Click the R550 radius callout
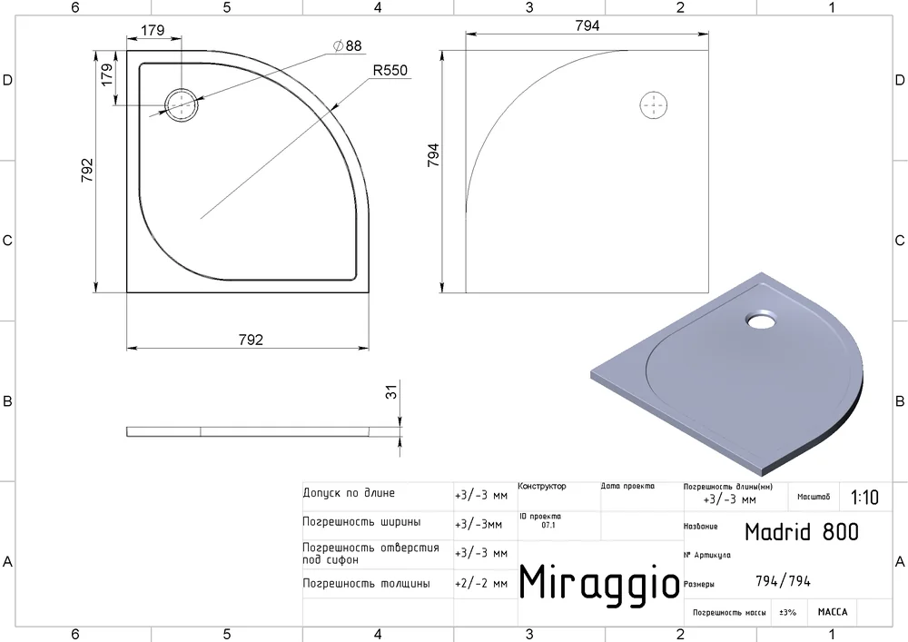point(390,71)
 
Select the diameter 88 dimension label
point(348,45)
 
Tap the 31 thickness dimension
point(391,392)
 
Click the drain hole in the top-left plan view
point(182,105)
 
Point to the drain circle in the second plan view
point(654,105)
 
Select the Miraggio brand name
point(599,583)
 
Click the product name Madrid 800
point(802,532)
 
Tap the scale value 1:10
point(864,498)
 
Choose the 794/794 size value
point(783,580)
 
